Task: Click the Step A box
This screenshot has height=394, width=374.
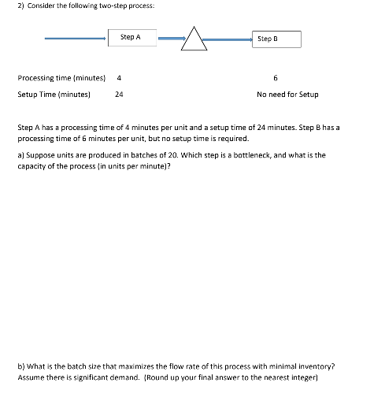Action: coord(131,38)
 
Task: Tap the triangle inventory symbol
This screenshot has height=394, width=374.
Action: coord(194,39)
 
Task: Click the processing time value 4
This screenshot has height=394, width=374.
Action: coord(119,78)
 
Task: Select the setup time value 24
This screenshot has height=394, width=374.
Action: coord(119,95)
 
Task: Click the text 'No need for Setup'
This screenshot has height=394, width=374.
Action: coord(287,95)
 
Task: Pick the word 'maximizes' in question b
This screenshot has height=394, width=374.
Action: coord(138,366)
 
